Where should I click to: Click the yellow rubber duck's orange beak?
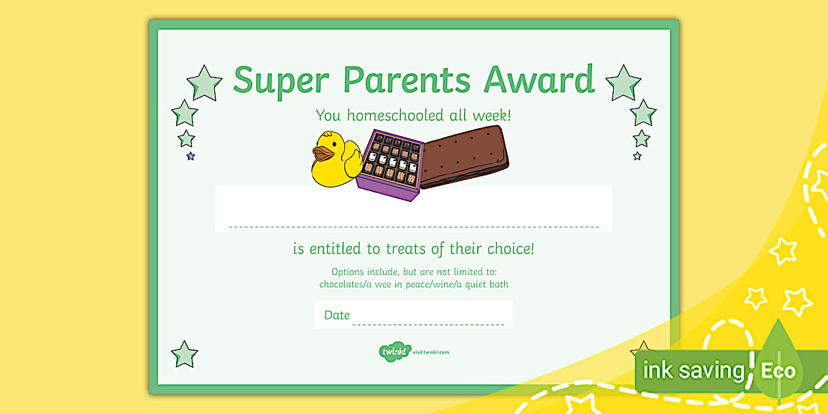(323, 154)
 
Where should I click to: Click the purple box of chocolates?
(389, 164)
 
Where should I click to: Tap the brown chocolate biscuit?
(463, 156)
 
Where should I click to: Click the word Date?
(336, 315)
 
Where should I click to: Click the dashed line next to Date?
(428, 324)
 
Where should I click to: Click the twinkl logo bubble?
(394, 352)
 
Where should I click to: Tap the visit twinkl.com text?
(431, 353)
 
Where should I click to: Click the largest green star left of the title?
(204, 83)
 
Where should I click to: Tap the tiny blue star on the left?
(191, 156)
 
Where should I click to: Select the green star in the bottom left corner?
(185, 354)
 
